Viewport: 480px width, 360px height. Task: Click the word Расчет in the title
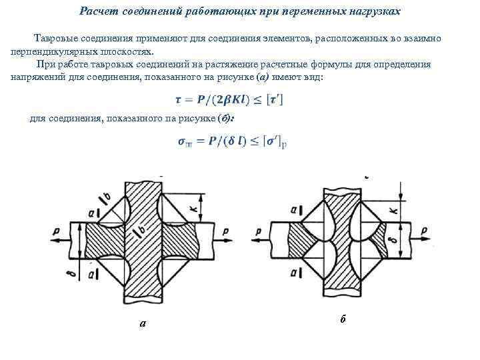pyautogui.click(x=97, y=11)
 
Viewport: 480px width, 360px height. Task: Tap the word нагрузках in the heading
pyautogui.click(x=374, y=11)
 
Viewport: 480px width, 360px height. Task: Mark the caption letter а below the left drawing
pyautogui.click(x=143, y=324)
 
